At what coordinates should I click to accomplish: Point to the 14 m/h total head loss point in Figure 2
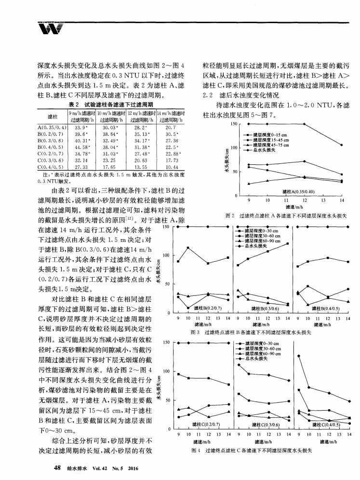pos(342,145)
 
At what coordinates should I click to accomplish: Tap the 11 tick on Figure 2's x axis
pos(285,200)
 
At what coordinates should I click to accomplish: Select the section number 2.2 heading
pos(207,95)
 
